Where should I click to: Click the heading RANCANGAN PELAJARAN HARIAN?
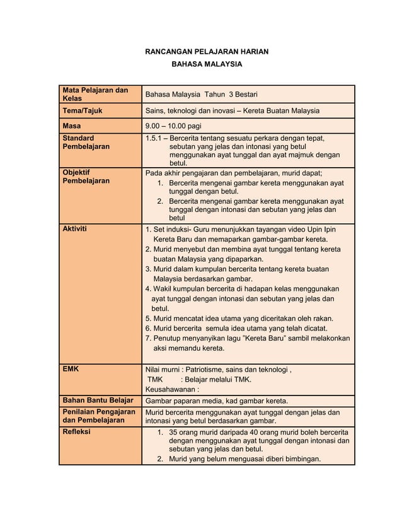tap(207, 50)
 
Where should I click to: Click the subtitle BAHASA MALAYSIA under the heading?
tap(207, 65)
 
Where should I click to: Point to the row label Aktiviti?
tap(74, 229)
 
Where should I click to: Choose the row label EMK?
tap(70, 368)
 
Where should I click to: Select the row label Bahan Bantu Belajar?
tap(97, 401)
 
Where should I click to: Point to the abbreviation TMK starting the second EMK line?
tap(155, 379)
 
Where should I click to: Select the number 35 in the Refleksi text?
tap(175, 432)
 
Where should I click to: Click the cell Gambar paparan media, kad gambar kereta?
tap(217, 401)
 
